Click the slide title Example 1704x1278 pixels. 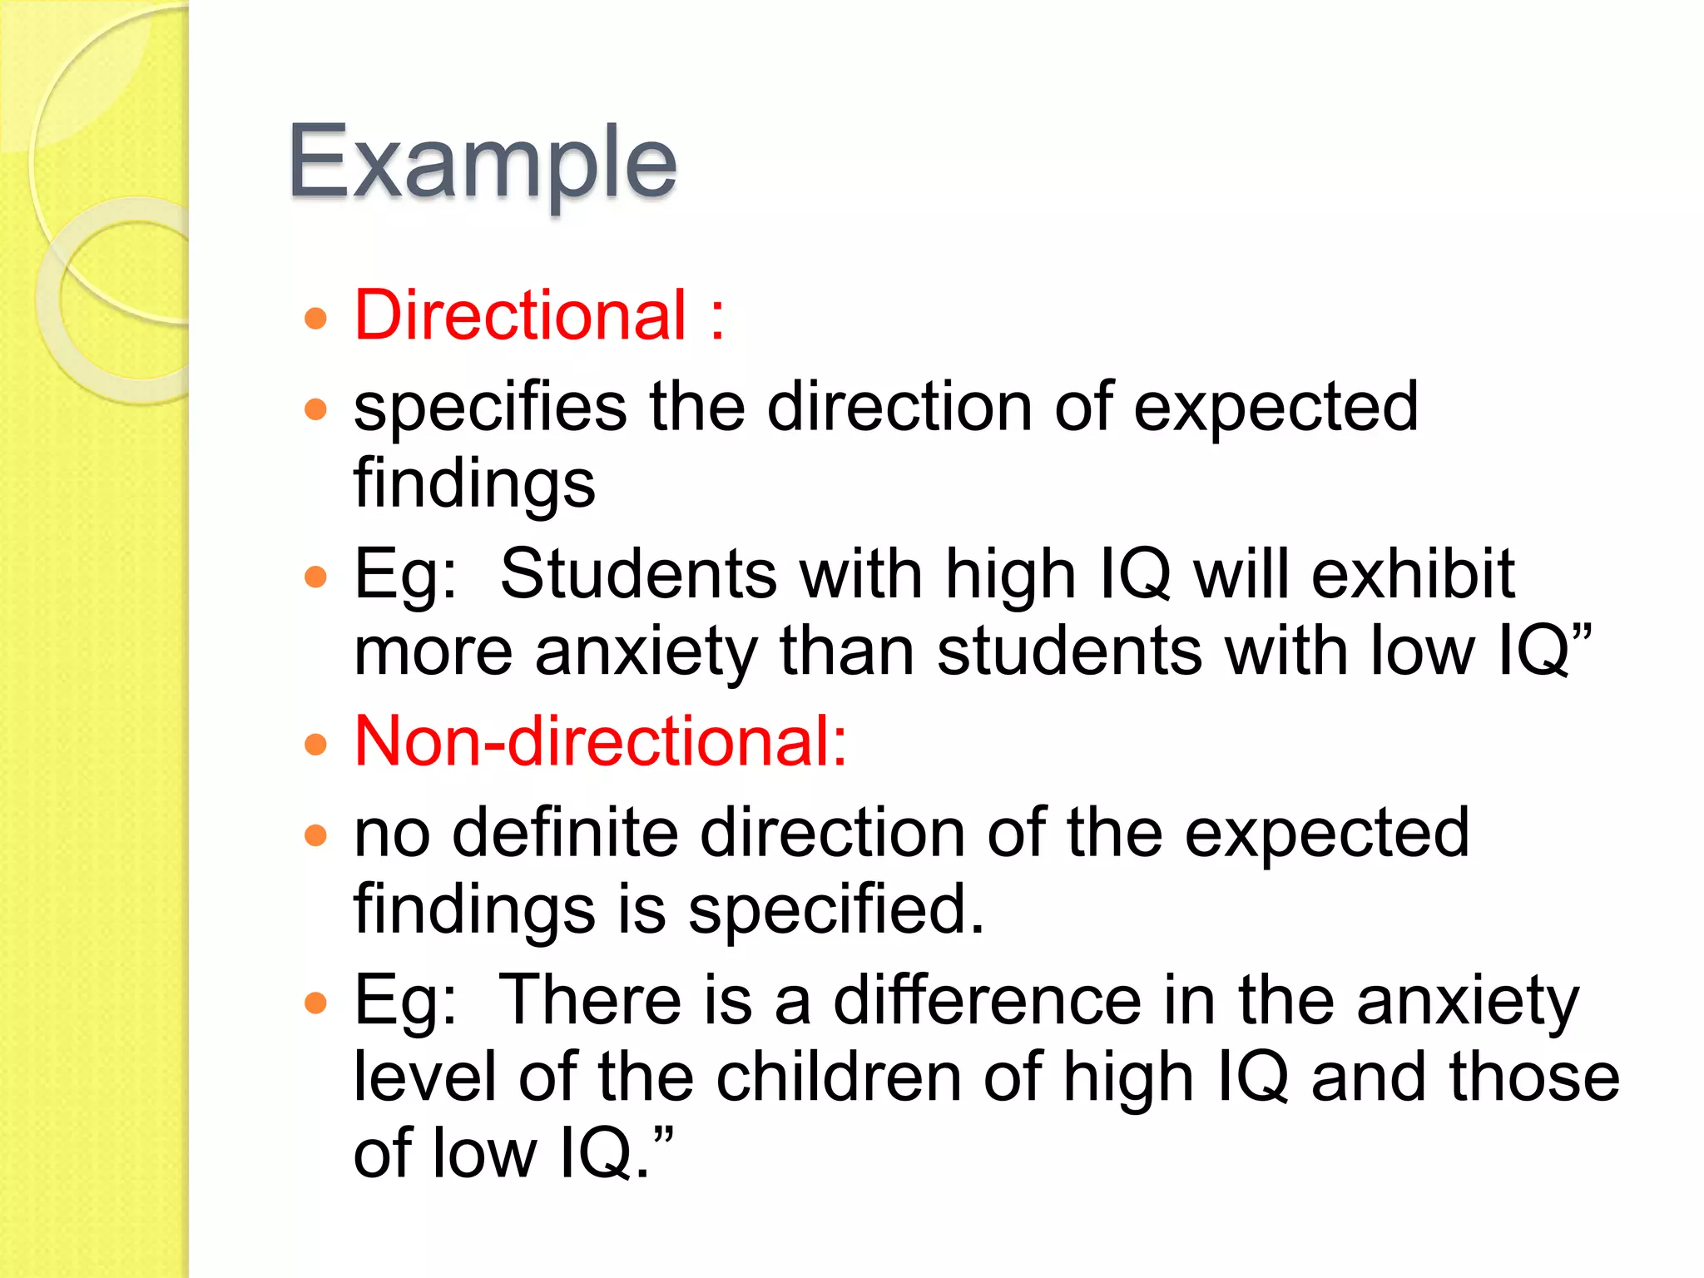482,162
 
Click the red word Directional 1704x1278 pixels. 520,315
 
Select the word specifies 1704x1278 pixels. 490,408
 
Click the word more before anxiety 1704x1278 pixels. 433,651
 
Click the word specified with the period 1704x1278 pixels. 836,909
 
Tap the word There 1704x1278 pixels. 591,1000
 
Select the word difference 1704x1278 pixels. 987,1000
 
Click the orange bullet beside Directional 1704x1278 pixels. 315,318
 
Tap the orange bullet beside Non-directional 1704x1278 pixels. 315,744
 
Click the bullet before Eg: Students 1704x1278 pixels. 315,577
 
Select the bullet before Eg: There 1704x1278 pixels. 315,1003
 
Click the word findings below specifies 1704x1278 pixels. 474,484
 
